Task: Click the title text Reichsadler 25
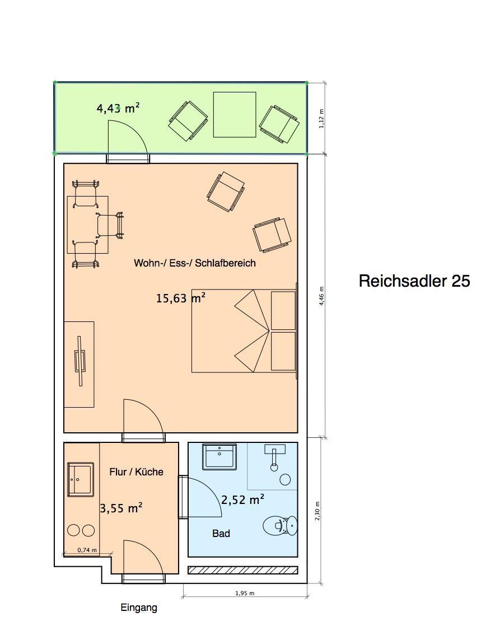[x=414, y=281]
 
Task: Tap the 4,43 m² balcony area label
[x=118, y=108]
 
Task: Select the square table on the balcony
[x=235, y=115]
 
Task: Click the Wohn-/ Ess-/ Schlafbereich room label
[x=195, y=263]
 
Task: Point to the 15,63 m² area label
[x=181, y=298]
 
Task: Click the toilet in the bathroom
[x=280, y=525]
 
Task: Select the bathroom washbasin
[x=220, y=456]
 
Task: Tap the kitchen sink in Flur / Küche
[x=81, y=479]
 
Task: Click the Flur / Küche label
[x=136, y=472]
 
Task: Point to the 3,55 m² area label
[x=121, y=508]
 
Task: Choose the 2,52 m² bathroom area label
[x=242, y=499]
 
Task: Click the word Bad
[x=221, y=533]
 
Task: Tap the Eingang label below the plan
[x=139, y=608]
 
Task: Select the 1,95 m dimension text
[x=245, y=594]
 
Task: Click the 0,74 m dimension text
[x=87, y=550]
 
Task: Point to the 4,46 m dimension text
[x=321, y=296]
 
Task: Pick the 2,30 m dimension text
[x=317, y=511]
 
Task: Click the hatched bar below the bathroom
[x=243, y=570]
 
